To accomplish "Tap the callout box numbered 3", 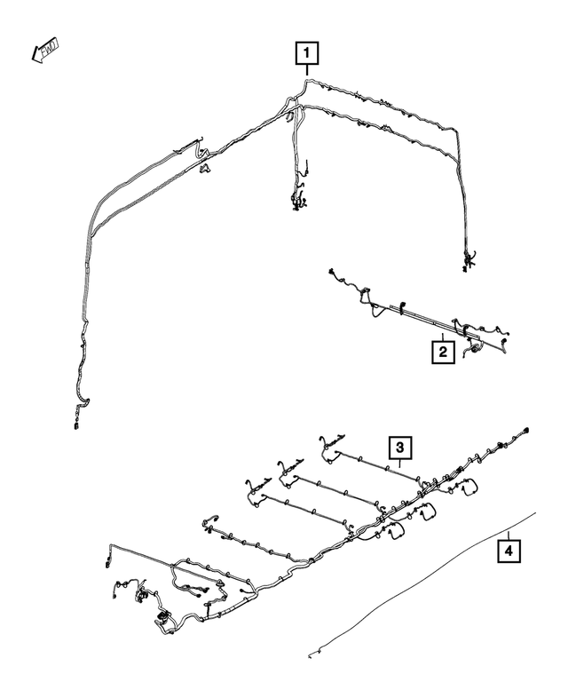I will pos(399,447).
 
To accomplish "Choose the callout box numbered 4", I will pos(508,553).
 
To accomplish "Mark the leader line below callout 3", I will pos(399,464).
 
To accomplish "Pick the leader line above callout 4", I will pos(508,535).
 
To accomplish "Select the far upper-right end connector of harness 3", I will pos(526,431).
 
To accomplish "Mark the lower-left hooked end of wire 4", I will pos(312,654).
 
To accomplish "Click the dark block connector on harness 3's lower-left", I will pos(162,617).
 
